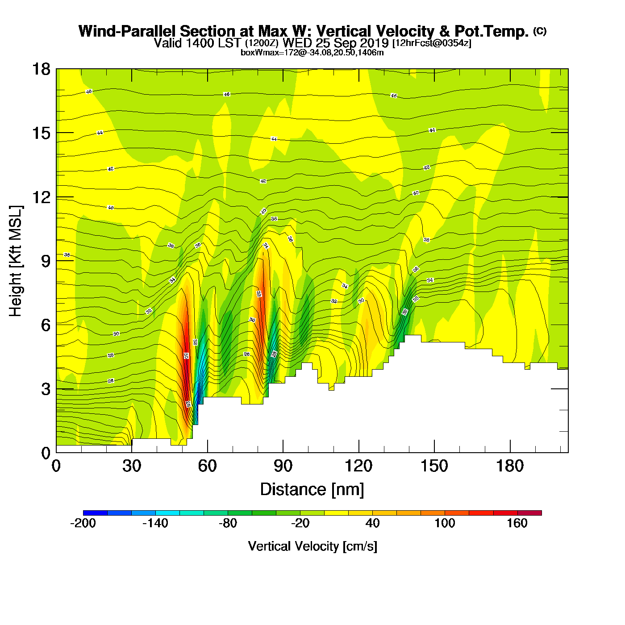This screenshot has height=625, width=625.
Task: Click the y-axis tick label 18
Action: pyautogui.click(x=41, y=69)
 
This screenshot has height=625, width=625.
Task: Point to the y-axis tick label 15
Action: pyautogui.click(x=41, y=133)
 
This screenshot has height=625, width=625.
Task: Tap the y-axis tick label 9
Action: pyautogui.click(x=46, y=261)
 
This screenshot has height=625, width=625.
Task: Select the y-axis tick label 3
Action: pyautogui.click(x=46, y=389)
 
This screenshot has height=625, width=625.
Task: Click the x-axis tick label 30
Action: pyautogui.click(x=132, y=467)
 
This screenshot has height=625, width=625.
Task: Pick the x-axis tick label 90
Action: pyautogui.click(x=283, y=467)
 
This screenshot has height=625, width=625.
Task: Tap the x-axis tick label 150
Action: pyautogui.click(x=434, y=467)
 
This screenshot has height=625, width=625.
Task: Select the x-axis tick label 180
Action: pyautogui.click(x=510, y=467)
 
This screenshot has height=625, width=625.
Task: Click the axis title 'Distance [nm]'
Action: pyautogui.click(x=312, y=490)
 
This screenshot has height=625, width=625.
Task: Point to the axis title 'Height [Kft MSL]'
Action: pyautogui.click(x=16, y=261)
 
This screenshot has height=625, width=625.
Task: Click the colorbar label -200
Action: pyautogui.click(x=83, y=523)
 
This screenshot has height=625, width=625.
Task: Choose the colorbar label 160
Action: pyautogui.click(x=517, y=523)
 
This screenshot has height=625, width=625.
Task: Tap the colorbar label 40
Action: pyautogui.click(x=373, y=523)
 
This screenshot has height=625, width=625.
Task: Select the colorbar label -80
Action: pyautogui.click(x=228, y=523)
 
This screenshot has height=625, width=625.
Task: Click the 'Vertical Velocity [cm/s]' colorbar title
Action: pyautogui.click(x=312, y=546)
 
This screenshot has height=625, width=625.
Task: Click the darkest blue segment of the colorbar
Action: pyautogui.click(x=95, y=513)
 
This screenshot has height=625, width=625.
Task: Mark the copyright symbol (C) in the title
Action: pyautogui.click(x=540, y=31)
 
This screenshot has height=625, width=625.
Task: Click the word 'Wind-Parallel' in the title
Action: pyautogui.click(x=127, y=31)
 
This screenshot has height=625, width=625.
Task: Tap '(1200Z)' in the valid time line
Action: pyautogui.click(x=262, y=43)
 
